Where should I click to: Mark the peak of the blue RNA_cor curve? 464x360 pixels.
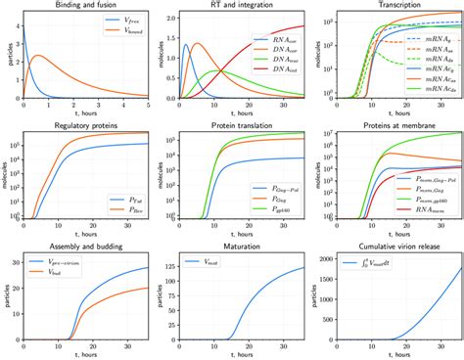186,44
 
